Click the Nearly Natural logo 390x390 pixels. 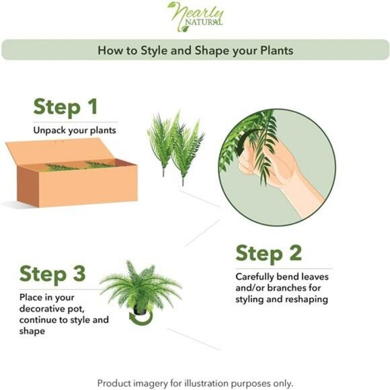coord(196,17)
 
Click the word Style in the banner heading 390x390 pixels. coord(154,50)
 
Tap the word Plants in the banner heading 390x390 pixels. coord(276,50)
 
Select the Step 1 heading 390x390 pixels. coord(65,107)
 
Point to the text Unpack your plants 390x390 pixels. coord(75,130)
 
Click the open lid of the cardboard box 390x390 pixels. coord(57,151)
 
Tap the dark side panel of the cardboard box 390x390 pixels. coord(28,186)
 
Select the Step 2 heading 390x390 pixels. coord(268,253)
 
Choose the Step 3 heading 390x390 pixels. coord(52,274)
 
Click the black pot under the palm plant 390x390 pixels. coord(140,310)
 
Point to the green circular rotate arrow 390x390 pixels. coord(141,318)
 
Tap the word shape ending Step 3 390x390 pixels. coord(32,331)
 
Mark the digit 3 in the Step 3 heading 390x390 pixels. coord(79,273)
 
